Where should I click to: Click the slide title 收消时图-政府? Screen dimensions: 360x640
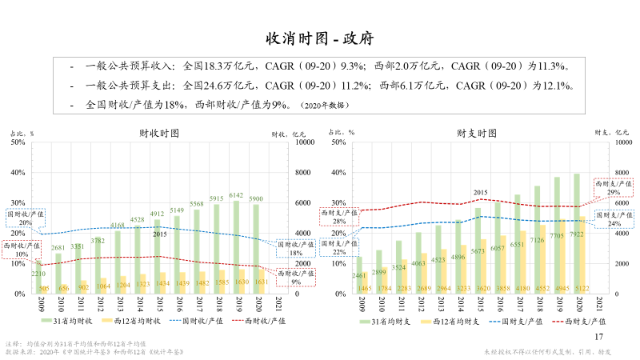pos(320,38)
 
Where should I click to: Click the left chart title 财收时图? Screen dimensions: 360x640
pos(158,133)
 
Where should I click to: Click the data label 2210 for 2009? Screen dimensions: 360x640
pos(38,274)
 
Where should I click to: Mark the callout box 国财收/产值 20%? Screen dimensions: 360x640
pos(22,218)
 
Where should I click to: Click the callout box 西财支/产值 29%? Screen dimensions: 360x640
pos(613,187)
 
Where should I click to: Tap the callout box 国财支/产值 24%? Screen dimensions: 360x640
pos(613,220)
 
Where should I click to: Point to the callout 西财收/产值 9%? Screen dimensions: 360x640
pos(295,277)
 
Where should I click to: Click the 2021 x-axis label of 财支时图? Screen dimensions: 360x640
pos(600,304)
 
